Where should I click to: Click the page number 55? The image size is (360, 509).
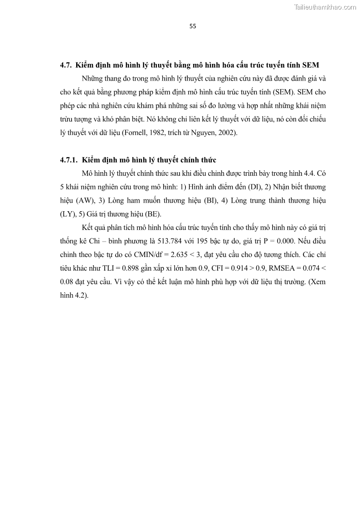(193, 26)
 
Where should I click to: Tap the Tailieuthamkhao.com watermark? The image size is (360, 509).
(325, 7)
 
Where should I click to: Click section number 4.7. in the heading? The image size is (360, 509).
(66, 65)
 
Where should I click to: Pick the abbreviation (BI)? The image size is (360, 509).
(210, 200)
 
